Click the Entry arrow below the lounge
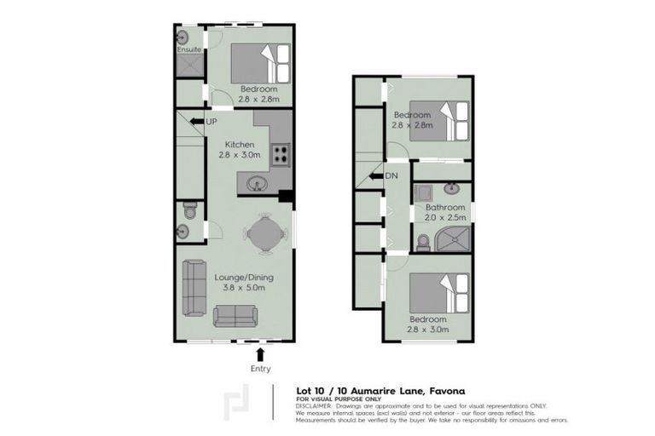(260, 353)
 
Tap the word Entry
(260, 369)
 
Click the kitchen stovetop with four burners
(281, 155)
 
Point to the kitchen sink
(256, 182)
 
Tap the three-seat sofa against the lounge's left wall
(193, 289)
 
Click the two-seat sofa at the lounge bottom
(235, 317)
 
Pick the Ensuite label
(189, 50)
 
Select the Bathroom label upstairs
(444, 207)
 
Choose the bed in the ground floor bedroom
(261, 63)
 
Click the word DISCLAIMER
(315, 405)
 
